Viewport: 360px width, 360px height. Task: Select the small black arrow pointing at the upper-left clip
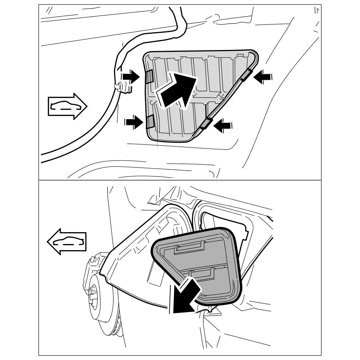click(x=131, y=77)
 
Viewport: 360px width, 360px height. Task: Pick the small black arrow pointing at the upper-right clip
click(x=263, y=76)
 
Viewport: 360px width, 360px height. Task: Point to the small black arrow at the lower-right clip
click(x=223, y=125)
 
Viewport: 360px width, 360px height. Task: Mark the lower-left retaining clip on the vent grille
click(x=149, y=122)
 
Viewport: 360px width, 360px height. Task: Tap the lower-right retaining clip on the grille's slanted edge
click(x=206, y=123)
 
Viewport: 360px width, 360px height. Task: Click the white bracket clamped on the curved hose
click(x=122, y=87)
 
